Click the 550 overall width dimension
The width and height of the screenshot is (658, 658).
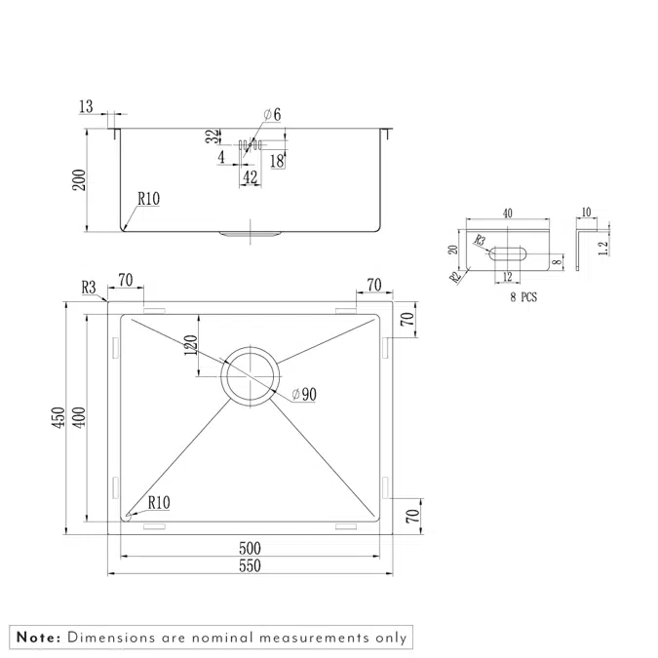(x=252, y=565)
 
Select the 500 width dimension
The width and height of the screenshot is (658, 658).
(x=252, y=548)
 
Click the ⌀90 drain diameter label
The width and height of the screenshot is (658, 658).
(x=305, y=395)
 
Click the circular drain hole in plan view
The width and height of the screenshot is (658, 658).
(x=251, y=374)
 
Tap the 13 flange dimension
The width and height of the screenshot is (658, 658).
(x=86, y=106)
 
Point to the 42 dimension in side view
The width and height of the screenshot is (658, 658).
(x=250, y=176)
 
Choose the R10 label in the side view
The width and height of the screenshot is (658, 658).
(x=148, y=198)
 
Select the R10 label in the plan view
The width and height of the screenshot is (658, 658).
(x=159, y=503)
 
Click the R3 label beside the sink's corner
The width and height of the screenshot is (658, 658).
(x=90, y=288)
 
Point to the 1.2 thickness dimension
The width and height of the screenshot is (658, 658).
(x=603, y=248)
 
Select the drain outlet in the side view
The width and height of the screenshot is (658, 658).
(x=251, y=234)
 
